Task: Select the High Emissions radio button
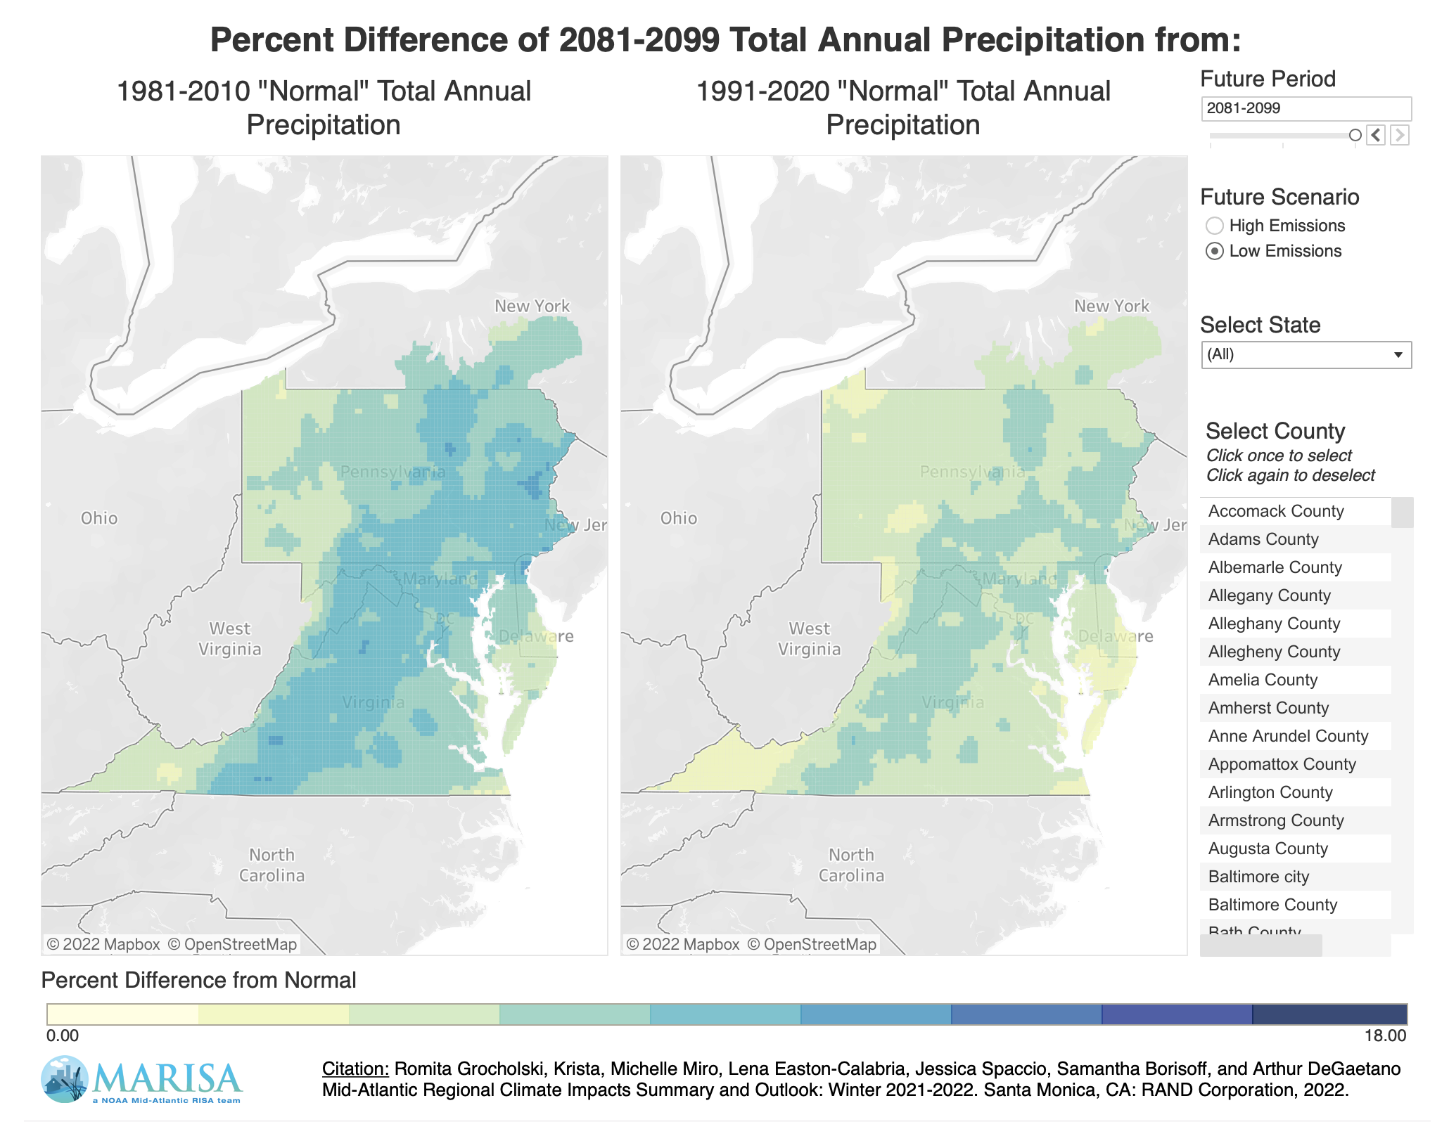(x=1214, y=226)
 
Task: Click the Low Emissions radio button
(x=1214, y=251)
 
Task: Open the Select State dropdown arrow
(x=1398, y=355)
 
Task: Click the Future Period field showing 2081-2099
(x=1305, y=108)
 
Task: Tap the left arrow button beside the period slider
(x=1376, y=135)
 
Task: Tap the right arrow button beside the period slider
(x=1400, y=135)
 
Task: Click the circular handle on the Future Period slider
(x=1355, y=135)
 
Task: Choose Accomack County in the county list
(x=1275, y=511)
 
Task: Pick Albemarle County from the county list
(x=1275, y=567)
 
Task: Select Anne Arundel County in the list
(x=1288, y=736)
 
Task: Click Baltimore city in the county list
(x=1258, y=877)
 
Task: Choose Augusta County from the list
(x=1268, y=849)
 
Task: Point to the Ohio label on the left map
(x=99, y=518)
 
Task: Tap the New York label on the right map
(x=1111, y=306)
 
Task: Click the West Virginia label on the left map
(x=230, y=638)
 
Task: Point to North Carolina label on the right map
(x=851, y=865)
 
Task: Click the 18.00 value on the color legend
(x=1385, y=1036)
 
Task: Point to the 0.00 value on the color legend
(x=63, y=1036)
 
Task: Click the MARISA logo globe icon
(x=65, y=1078)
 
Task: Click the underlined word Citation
(x=355, y=1069)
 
